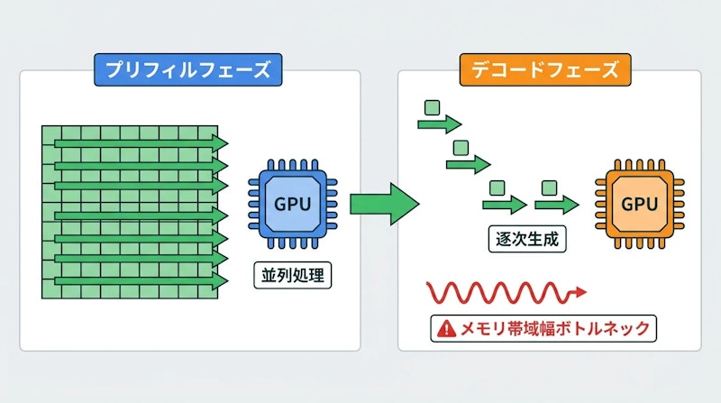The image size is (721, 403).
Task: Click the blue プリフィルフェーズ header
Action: click(x=184, y=70)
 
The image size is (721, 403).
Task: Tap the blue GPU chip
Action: click(x=292, y=203)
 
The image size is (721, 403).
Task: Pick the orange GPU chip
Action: click(x=639, y=204)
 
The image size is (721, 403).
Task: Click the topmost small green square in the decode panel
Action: click(x=432, y=109)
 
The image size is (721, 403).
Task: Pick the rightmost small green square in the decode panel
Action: click(x=548, y=188)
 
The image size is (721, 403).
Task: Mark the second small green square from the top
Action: click(x=461, y=147)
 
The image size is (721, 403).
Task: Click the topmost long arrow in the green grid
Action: click(x=135, y=142)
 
